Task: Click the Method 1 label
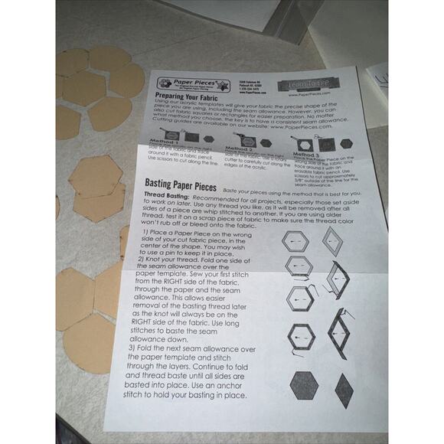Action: point(165,142)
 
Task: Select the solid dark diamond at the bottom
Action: point(344,388)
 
